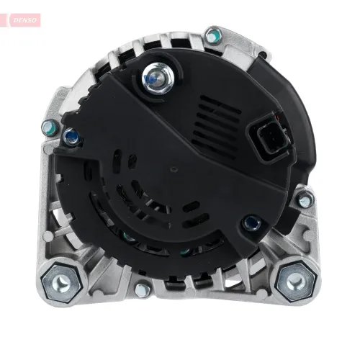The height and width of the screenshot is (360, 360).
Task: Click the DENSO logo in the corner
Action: [x=24, y=20]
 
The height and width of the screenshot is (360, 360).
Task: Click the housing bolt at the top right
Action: [x=213, y=36]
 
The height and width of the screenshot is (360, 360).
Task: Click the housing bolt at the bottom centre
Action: [x=142, y=291]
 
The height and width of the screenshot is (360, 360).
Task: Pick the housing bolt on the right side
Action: [x=305, y=200]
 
